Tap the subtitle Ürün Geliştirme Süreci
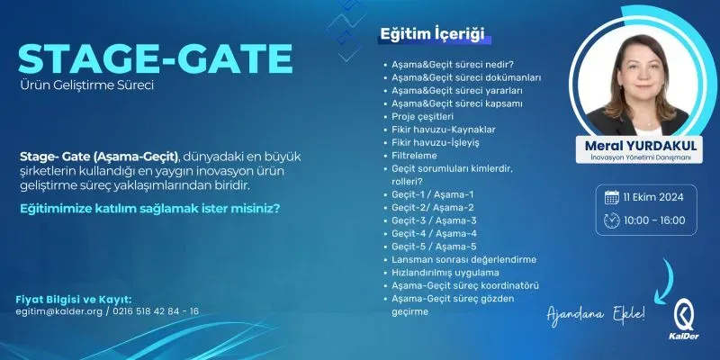coord(87,87)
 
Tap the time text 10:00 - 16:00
coord(654,220)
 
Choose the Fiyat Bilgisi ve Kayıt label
coord(74,299)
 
